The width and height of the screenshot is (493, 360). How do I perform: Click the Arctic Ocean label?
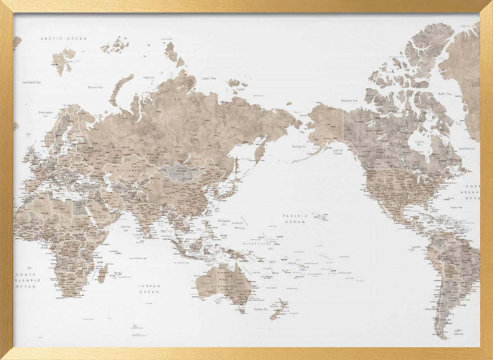64,38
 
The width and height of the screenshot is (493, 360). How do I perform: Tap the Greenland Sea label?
32,82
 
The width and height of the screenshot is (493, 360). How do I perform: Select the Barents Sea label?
95,87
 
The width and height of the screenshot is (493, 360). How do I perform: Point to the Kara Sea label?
148,77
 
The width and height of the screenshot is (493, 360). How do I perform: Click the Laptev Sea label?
209,78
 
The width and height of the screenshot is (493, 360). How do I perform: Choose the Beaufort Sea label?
349,101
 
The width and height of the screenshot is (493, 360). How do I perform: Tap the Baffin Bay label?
445,93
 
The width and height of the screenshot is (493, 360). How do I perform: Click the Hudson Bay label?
419,143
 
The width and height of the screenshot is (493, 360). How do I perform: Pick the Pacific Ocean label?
295,219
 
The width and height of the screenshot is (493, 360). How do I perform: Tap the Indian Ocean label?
149,289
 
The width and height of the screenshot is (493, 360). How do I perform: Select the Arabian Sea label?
126,228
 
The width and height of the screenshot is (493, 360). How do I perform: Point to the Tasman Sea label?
260,309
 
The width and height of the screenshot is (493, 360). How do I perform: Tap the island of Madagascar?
103,273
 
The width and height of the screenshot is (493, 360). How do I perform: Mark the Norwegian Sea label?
45,114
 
